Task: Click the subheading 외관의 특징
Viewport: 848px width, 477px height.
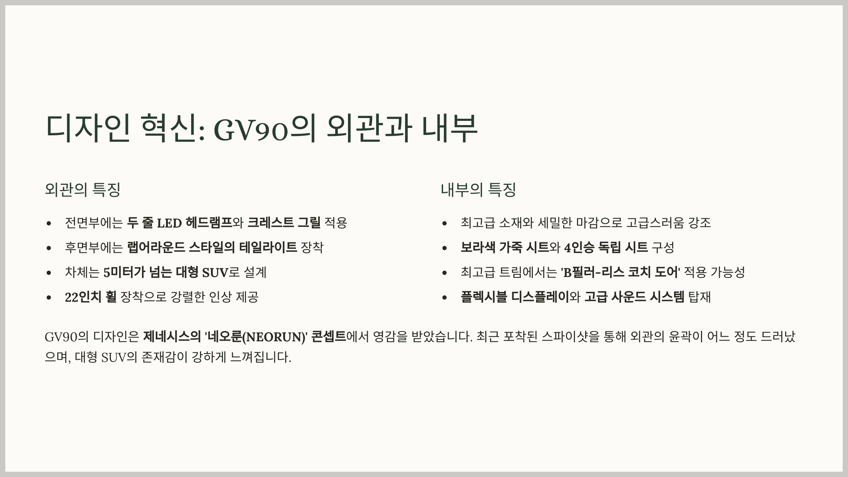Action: point(83,190)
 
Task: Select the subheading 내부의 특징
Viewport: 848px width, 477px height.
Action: point(478,190)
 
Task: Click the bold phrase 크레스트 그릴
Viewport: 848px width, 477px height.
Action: point(284,223)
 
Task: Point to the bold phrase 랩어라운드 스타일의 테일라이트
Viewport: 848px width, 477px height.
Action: point(212,247)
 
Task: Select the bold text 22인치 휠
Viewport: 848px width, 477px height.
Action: point(90,297)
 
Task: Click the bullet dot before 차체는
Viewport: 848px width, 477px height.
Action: point(49,273)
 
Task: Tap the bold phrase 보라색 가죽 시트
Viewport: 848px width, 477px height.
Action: point(505,247)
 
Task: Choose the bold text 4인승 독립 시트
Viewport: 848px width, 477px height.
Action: point(606,247)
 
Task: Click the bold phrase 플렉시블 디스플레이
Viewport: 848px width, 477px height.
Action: point(515,297)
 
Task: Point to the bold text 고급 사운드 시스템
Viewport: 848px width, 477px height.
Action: point(634,297)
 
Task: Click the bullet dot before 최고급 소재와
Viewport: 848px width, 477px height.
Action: point(444,223)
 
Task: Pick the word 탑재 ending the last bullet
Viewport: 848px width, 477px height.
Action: point(699,297)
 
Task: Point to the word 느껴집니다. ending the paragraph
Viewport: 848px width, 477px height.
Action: point(260,358)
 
